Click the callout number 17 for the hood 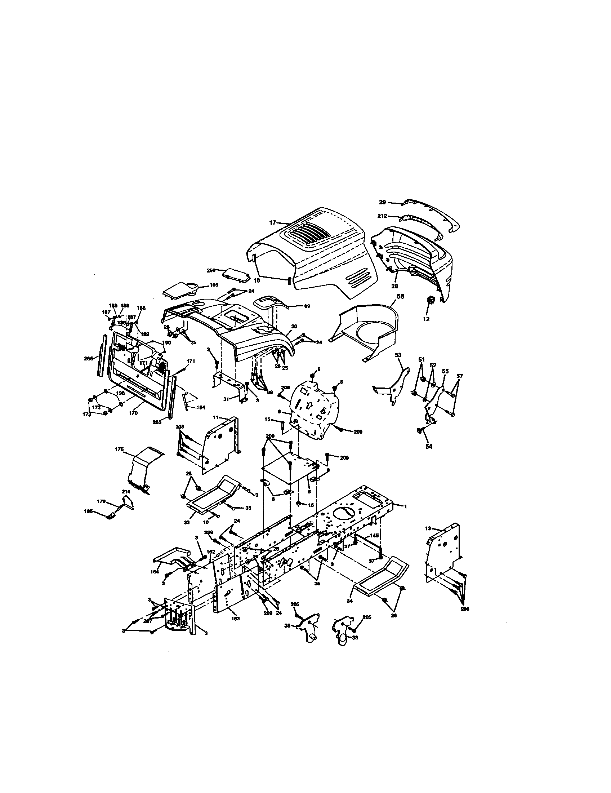(x=272, y=222)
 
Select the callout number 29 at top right (x=383, y=202)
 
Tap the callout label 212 (x=383, y=216)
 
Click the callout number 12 (x=426, y=319)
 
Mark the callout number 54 (x=429, y=447)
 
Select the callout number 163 (x=236, y=618)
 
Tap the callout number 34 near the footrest (x=350, y=601)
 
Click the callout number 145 (x=374, y=536)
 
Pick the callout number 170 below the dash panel (x=133, y=413)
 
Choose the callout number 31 (x=226, y=399)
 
